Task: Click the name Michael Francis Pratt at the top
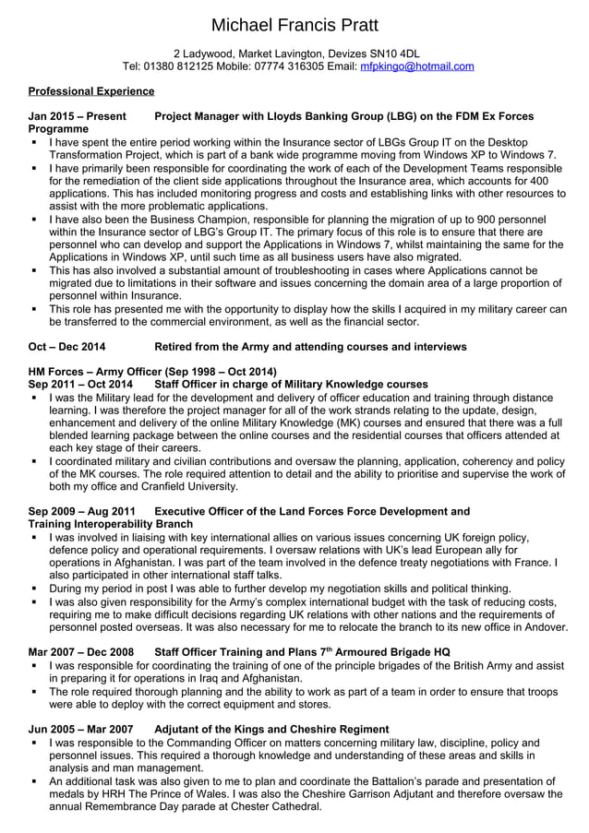coord(294,25)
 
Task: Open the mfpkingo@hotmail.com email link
coord(416,66)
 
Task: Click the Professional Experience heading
coord(91,91)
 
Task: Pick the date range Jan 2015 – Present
coord(78,117)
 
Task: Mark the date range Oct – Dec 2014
coord(66,346)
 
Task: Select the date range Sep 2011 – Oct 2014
coord(80,383)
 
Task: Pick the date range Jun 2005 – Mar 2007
coord(80,729)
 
